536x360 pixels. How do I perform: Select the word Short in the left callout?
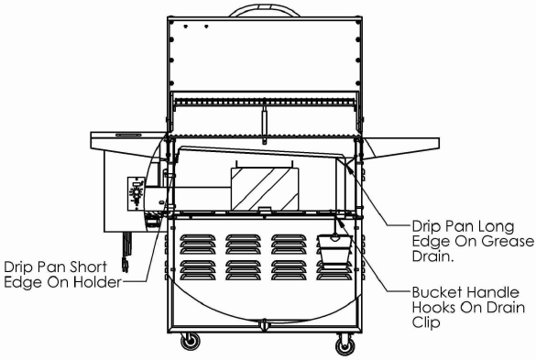pos(97,266)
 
